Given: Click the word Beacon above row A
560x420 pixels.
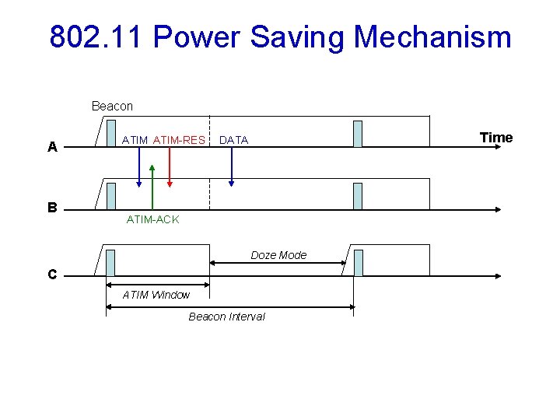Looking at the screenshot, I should pyautogui.click(x=112, y=106).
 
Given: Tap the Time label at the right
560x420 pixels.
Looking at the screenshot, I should pyautogui.click(x=496, y=138).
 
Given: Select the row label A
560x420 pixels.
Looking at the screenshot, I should pyautogui.click(x=52, y=146).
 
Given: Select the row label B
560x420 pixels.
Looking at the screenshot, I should pyautogui.click(x=52, y=208).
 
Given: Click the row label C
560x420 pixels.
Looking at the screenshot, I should pyautogui.click(x=51, y=275).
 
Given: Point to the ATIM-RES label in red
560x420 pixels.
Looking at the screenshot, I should pyautogui.click(x=179, y=140).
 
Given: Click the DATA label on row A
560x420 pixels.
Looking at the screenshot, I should pyautogui.click(x=233, y=140).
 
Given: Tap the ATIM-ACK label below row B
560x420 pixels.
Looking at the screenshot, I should pyautogui.click(x=152, y=220).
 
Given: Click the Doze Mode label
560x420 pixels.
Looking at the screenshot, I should pyautogui.click(x=278, y=255).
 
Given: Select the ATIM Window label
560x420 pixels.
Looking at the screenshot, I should pyautogui.click(x=156, y=295).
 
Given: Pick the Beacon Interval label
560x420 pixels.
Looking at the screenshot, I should pyautogui.click(x=226, y=317).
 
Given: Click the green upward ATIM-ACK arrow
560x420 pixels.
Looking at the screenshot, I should pyautogui.click(x=152, y=187).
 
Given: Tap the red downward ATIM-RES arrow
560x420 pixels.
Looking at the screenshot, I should pyautogui.click(x=170, y=167).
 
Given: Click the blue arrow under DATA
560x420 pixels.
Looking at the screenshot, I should pyautogui.click(x=231, y=167).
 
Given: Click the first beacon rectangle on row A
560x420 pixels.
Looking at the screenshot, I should pyautogui.click(x=111, y=134).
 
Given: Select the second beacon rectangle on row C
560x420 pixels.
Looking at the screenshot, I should pyautogui.click(x=358, y=263).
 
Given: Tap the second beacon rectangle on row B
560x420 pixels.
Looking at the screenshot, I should pyautogui.click(x=358, y=196).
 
